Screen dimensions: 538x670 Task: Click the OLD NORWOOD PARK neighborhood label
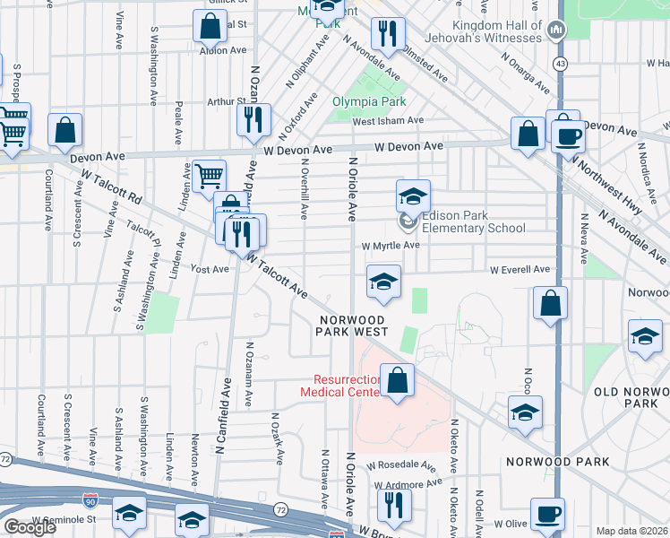click(631, 397)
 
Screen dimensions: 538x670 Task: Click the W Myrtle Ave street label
click(391, 246)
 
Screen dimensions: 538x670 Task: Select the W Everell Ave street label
click(519, 269)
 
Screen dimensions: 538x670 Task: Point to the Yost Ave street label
click(211, 269)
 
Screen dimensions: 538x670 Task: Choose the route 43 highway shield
click(560, 65)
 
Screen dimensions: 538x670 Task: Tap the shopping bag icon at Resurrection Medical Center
click(397, 380)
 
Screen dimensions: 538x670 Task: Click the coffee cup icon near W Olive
click(547, 515)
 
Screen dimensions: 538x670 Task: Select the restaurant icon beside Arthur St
click(253, 118)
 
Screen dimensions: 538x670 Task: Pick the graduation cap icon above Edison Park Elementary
click(413, 195)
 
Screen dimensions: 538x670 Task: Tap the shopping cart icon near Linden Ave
click(209, 175)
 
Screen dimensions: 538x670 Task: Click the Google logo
click(30, 527)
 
